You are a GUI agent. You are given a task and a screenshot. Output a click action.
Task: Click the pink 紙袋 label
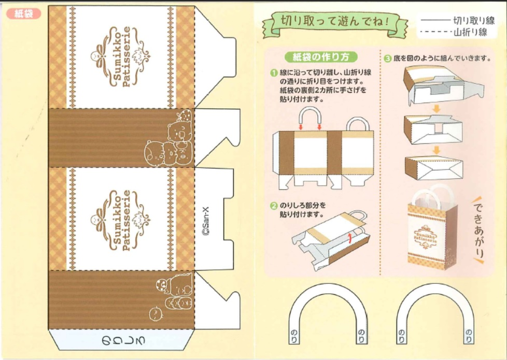[24, 13]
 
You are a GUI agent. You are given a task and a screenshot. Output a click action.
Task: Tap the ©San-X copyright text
[206, 222]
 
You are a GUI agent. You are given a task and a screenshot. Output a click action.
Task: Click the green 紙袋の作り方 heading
[321, 57]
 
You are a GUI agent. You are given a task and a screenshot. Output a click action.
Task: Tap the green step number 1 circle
[274, 73]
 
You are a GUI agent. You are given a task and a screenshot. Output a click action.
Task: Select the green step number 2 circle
[274, 206]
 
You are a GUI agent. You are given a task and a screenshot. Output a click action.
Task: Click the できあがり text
[478, 230]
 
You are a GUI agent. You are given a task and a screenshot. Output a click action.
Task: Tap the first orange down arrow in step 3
[436, 109]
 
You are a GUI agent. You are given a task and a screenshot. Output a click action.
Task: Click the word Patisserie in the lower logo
[126, 220]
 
